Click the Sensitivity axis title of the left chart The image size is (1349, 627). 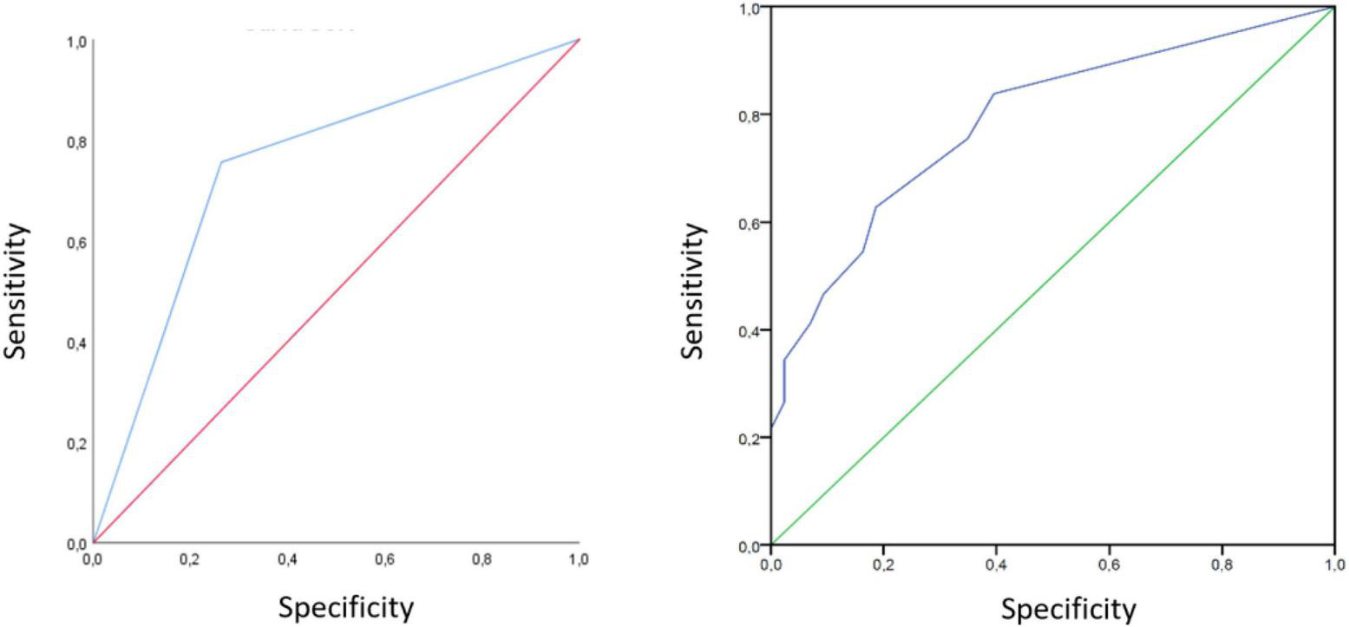click(x=18, y=291)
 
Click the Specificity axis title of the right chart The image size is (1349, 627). click(x=1068, y=609)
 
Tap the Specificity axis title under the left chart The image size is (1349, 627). click(x=345, y=606)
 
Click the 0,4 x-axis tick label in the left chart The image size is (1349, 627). click(x=287, y=560)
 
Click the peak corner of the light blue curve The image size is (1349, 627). click(x=221, y=161)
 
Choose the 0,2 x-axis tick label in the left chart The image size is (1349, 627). click(x=190, y=560)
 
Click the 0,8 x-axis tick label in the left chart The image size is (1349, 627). click(x=481, y=560)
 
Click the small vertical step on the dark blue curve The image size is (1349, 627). click(x=784, y=381)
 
